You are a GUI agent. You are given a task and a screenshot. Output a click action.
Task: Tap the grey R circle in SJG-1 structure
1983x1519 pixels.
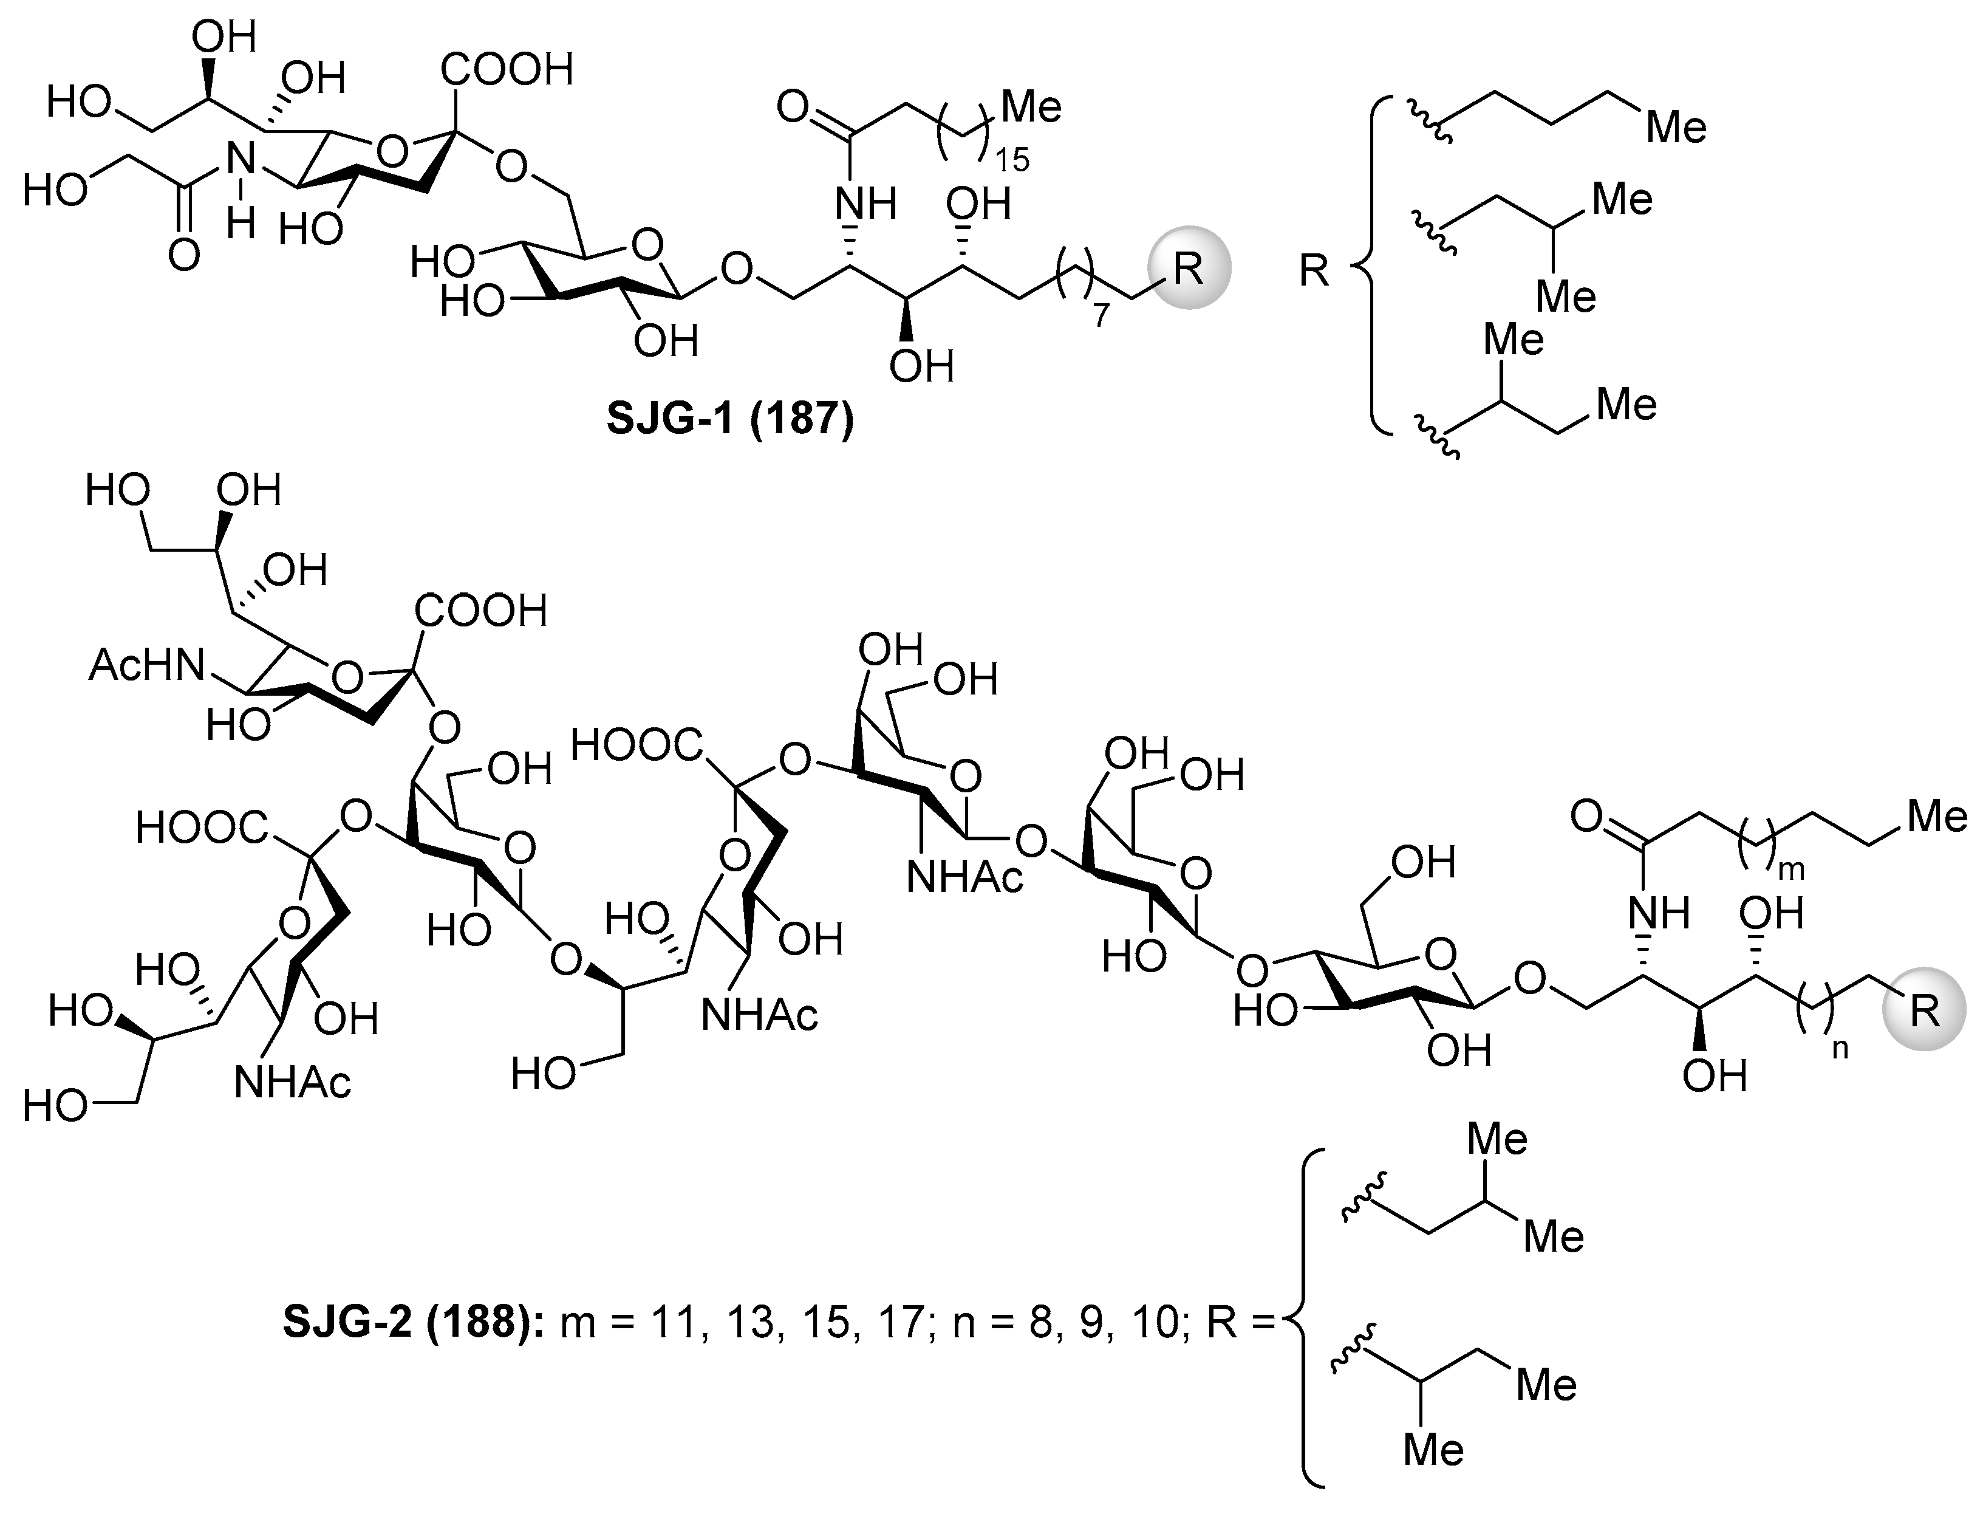(1189, 267)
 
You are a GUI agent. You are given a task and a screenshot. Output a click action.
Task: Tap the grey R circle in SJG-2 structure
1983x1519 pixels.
(1924, 1009)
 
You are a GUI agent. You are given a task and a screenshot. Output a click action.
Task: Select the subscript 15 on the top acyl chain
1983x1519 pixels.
(1011, 161)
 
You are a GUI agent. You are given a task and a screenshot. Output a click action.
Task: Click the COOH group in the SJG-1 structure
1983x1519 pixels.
(507, 70)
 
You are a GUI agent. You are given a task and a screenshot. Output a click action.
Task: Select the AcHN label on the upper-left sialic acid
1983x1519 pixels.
(148, 667)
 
